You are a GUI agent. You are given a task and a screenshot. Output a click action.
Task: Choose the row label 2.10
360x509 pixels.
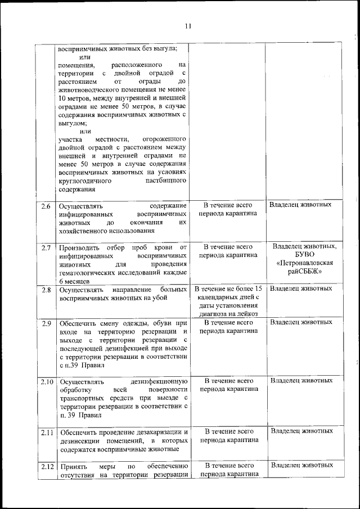(x=46, y=382)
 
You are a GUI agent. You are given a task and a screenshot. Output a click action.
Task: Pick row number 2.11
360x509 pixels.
(x=46, y=432)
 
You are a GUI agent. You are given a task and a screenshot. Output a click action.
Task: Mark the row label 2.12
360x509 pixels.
(x=46, y=466)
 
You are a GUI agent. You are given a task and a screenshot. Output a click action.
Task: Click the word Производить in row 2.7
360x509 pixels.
(x=79, y=247)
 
